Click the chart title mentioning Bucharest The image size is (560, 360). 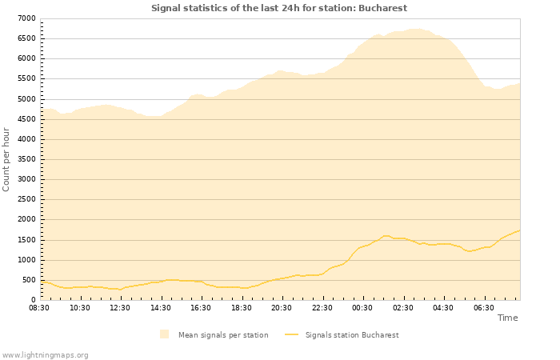pyautogui.click(x=279, y=8)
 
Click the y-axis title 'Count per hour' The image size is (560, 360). pyautogui.click(x=7, y=158)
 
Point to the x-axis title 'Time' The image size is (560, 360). pyautogui.click(x=507, y=318)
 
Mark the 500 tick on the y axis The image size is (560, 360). pyautogui.click(x=28, y=280)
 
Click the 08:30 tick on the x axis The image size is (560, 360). pyautogui.click(x=39, y=307)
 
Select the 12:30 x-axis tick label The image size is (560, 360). pyautogui.click(x=120, y=307)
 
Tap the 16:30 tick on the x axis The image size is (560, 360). pyautogui.click(x=201, y=307)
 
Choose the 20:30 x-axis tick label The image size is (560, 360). pyautogui.click(x=282, y=307)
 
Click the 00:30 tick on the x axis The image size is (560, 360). pyautogui.click(x=362, y=307)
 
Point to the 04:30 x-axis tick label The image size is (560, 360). pyautogui.click(x=443, y=307)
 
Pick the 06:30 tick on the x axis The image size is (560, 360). pyautogui.click(x=483, y=307)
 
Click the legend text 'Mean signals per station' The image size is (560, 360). pyautogui.click(x=223, y=335)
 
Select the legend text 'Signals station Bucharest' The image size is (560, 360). pyautogui.click(x=352, y=335)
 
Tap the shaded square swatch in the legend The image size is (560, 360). pyautogui.click(x=164, y=334)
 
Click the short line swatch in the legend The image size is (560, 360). pyautogui.click(x=292, y=335)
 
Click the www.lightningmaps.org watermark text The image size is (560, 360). pyautogui.click(x=46, y=354)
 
